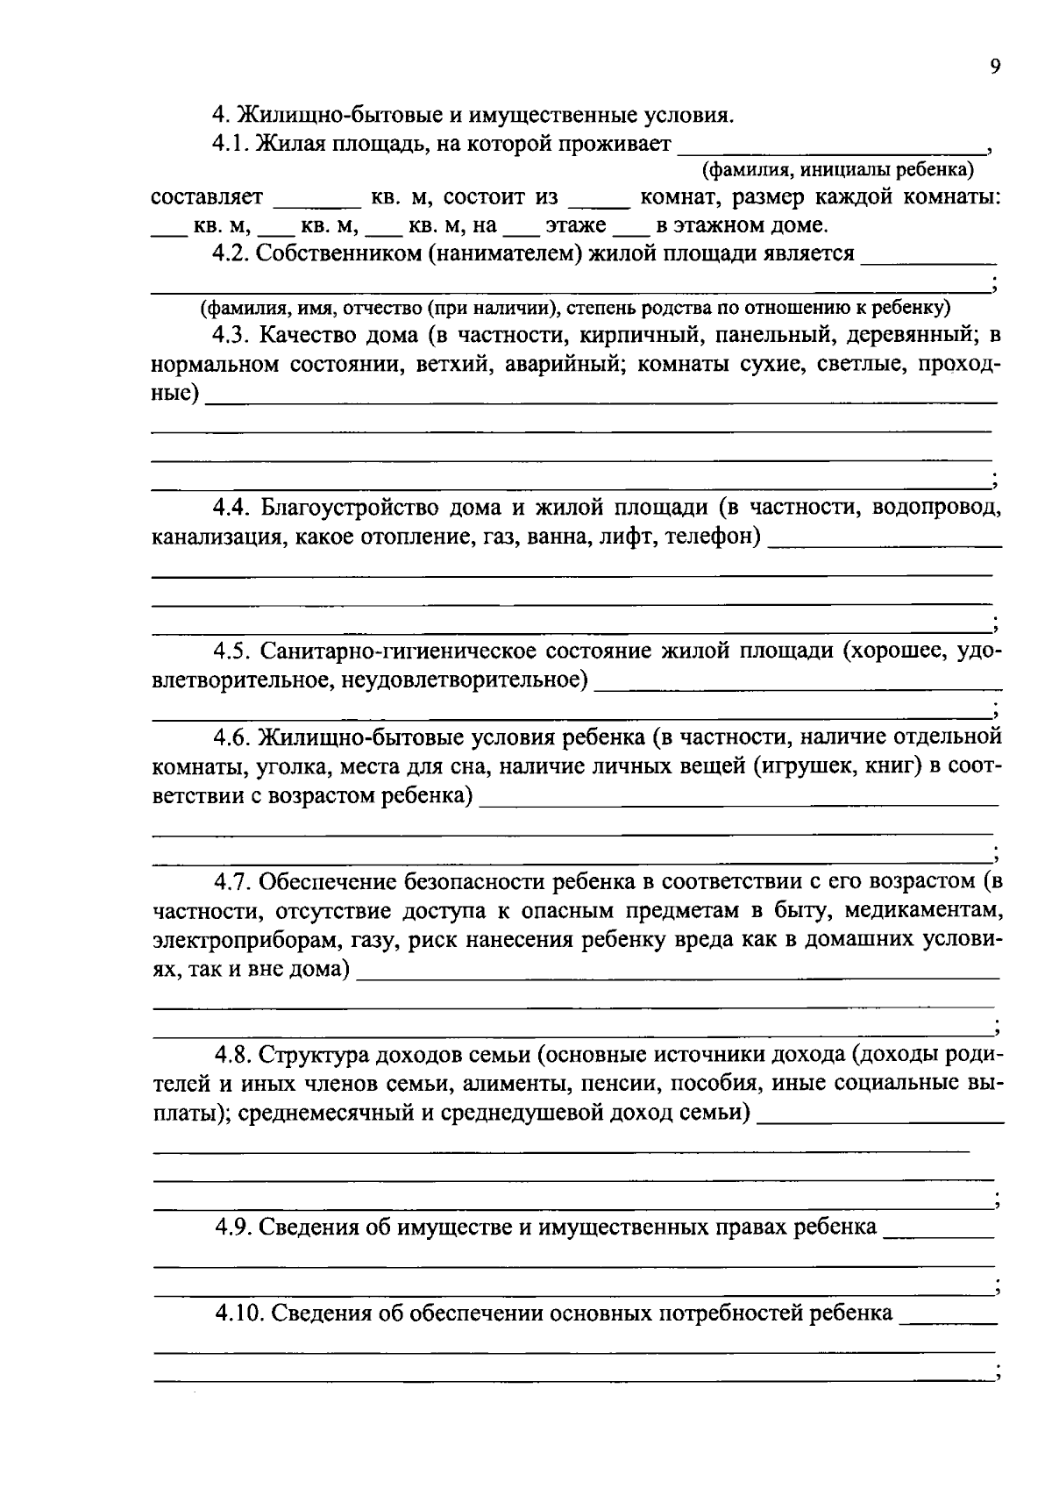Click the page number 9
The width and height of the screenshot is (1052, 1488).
994,68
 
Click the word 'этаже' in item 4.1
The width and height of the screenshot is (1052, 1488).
575,226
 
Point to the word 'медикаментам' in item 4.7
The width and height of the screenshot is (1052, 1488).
931,911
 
